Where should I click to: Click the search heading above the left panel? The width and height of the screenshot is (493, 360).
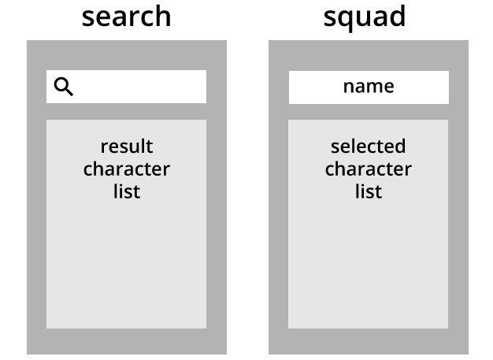[x=126, y=17]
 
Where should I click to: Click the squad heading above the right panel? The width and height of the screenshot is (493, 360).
[x=365, y=18]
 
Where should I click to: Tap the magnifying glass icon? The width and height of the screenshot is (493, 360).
[x=64, y=87]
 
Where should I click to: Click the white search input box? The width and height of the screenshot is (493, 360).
[x=126, y=87]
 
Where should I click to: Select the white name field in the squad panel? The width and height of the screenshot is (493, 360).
[x=369, y=87]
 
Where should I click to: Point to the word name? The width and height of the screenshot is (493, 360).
[x=369, y=87]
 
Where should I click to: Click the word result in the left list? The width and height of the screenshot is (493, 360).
[x=127, y=147]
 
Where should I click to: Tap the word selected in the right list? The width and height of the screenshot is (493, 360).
[x=369, y=147]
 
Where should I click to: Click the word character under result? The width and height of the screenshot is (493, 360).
[x=126, y=169]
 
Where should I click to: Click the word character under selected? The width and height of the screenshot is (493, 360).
[x=369, y=169]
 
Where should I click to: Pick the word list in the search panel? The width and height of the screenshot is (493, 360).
[x=127, y=191]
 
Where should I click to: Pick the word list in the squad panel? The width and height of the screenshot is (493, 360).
[x=369, y=191]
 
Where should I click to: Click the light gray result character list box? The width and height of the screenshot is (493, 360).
[x=126, y=224]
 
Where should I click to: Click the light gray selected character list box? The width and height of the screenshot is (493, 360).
[x=369, y=224]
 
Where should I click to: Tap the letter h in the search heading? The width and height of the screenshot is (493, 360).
[x=163, y=17]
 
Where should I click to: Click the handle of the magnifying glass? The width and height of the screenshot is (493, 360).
[x=69, y=91]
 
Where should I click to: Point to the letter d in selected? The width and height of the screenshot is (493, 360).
[x=399, y=147]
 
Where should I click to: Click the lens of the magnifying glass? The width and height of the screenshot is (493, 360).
[x=61, y=84]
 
